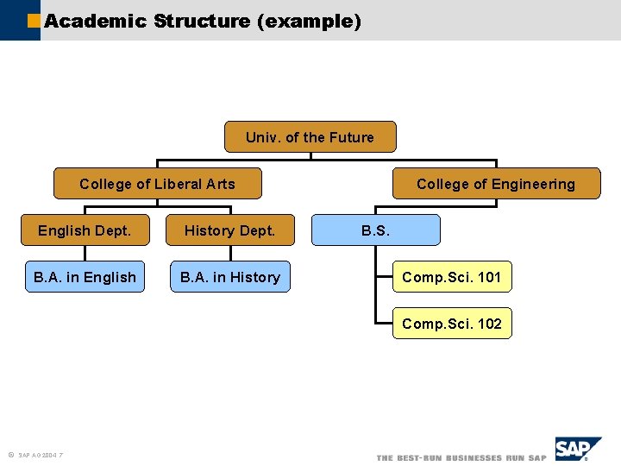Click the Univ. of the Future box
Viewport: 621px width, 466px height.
(310, 137)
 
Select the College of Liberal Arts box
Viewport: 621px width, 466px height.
(157, 184)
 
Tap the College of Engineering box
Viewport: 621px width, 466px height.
(496, 184)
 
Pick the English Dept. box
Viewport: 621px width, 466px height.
(85, 230)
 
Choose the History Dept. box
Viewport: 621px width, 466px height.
(229, 230)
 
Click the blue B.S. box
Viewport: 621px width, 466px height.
(375, 230)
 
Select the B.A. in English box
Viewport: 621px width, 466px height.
(85, 277)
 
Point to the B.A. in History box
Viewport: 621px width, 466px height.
(229, 277)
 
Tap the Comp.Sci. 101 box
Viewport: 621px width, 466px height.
(452, 277)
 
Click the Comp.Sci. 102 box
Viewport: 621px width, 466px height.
(452, 324)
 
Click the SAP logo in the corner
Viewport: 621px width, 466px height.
(577, 450)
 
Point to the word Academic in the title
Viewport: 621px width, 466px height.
(96, 21)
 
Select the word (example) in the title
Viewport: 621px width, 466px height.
(309, 21)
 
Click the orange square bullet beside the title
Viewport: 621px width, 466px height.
(34, 20)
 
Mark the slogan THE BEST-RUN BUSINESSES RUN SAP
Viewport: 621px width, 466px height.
(461, 457)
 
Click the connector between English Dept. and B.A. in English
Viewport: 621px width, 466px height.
(85, 254)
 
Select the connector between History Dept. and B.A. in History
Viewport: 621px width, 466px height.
(229, 254)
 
